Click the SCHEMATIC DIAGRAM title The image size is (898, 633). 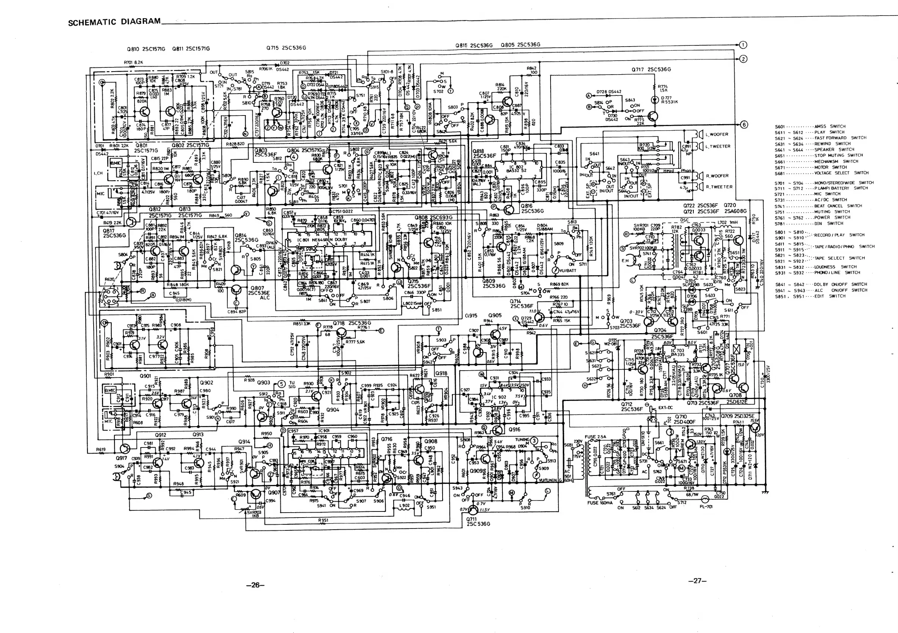pyautogui.click(x=114, y=22)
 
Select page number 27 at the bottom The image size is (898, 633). pyautogui.click(x=697, y=581)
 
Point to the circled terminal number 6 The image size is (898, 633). pyautogui.click(x=743, y=125)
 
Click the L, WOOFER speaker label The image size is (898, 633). pyautogui.click(x=717, y=134)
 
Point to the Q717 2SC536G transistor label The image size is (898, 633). pyautogui.click(x=651, y=70)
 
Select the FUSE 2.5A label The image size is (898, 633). pyautogui.click(x=595, y=437)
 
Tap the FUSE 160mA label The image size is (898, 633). pyautogui.click(x=598, y=503)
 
